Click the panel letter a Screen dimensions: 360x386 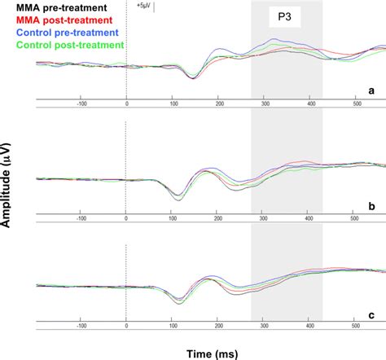pyautogui.click(x=371, y=91)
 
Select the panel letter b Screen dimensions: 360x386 pyautogui.click(x=371, y=207)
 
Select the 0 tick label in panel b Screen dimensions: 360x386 pyautogui.click(x=126, y=219)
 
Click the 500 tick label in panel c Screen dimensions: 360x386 pyautogui.click(x=356, y=327)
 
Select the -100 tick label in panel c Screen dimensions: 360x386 pyautogui.click(x=81, y=327)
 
